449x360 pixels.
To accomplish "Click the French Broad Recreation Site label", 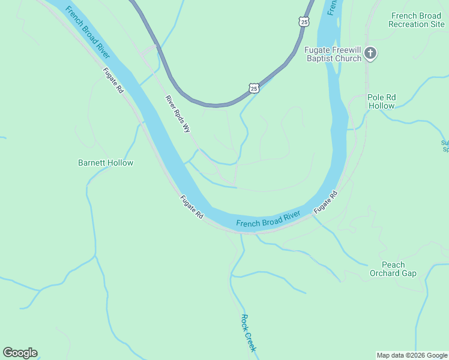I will (416, 20).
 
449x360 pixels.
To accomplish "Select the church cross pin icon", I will (370, 54).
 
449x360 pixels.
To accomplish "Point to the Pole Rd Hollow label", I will (382, 101).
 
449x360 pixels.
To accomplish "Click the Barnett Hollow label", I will (106, 163).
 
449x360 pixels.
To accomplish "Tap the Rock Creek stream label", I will (249, 333).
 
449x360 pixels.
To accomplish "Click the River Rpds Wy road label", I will (178, 113).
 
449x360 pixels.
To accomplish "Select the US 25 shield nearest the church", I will (304, 22).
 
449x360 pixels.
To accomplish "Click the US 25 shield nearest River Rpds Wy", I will (254, 88).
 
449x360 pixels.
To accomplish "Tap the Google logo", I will (20, 353).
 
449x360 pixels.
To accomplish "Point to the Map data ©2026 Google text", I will (412, 355).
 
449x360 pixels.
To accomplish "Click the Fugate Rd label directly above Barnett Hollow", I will (113, 80).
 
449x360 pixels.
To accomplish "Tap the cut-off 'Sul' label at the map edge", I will (444, 146).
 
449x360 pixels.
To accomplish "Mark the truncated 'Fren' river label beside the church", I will (332, 8).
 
